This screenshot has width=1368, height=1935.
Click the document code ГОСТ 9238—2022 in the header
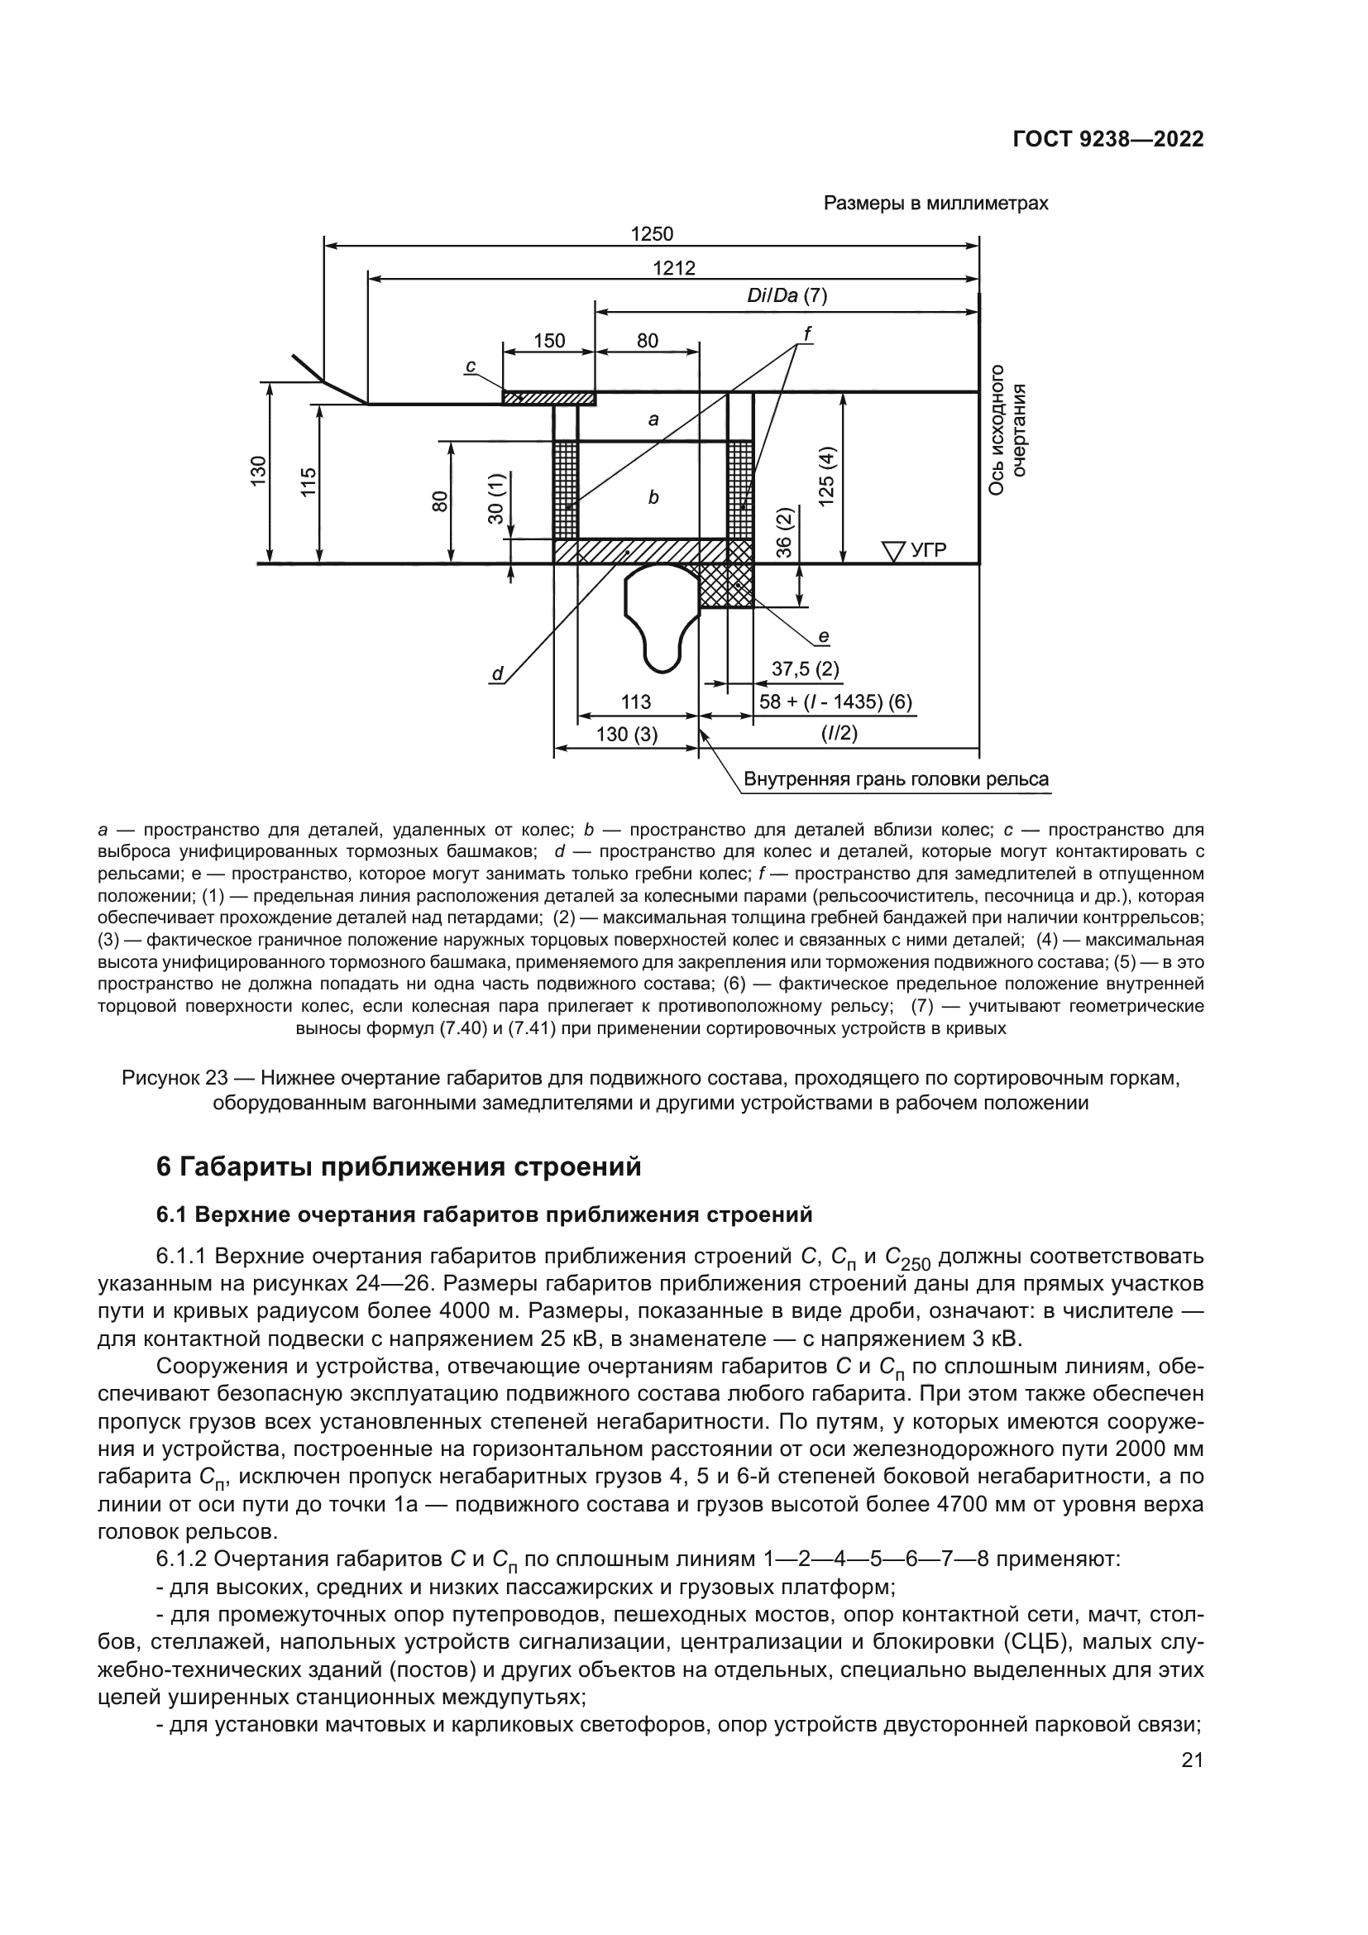pyautogui.click(x=1107, y=139)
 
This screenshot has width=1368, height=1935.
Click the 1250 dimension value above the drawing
pyautogui.click(x=652, y=233)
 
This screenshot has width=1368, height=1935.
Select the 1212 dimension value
pyautogui.click(x=674, y=268)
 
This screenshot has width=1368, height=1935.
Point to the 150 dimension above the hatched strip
pyautogui.click(x=549, y=341)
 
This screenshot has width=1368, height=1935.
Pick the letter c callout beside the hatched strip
pyautogui.click(x=471, y=366)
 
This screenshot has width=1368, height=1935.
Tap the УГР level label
pyautogui.click(x=926, y=550)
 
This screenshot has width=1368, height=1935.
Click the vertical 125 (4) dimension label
pyautogui.click(x=829, y=477)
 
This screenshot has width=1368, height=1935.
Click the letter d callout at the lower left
pyautogui.click(x=497, y=673)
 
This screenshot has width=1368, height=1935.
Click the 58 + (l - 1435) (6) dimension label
pyautogui.click(x=835, y=702)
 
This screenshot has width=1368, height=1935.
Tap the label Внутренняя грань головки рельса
pyautogui.click(x=897, y=778)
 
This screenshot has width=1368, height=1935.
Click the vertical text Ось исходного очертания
pyautogui.click(x=1007, y=430)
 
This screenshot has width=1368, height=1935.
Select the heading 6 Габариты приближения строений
pyautogui.click(x=399, y=1166)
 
